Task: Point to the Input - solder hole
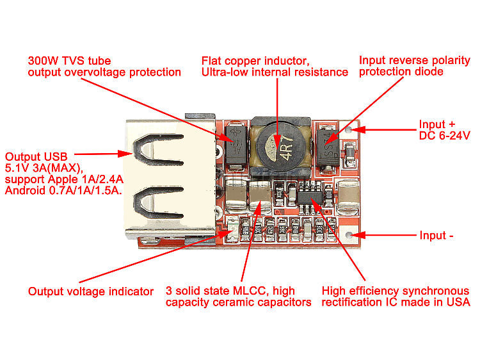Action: click(349, 235)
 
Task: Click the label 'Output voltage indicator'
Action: click(90, 291)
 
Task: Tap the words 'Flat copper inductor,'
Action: click(255, 61)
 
